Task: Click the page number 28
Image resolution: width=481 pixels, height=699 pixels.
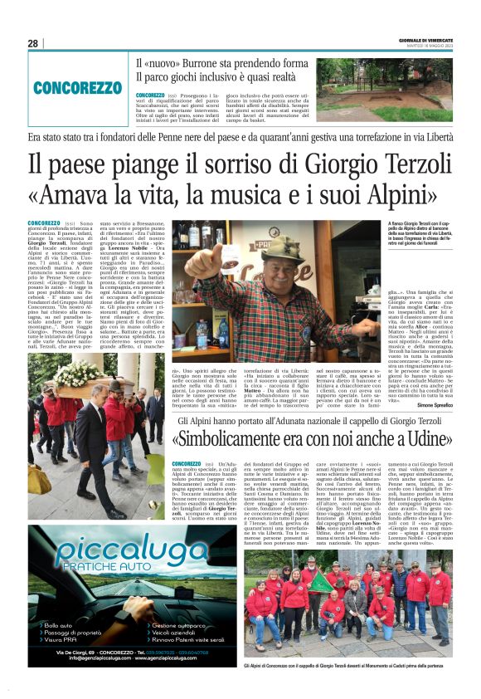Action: pos(32,43)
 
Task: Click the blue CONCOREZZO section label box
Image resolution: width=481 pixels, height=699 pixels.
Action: pos(77,87)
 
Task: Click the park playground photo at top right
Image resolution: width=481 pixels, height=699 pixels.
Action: pos(383,89)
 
